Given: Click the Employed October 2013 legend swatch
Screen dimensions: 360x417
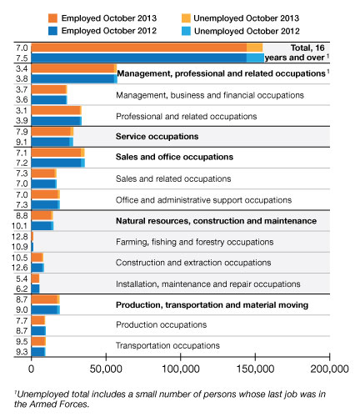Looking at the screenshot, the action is (x=52, y=18).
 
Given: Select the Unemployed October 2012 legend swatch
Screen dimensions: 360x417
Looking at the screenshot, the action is (x=186, y=31).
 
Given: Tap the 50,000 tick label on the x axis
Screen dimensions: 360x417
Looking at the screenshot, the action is (x=106, y=369).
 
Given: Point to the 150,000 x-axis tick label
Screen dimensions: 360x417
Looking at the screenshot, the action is (x=255, y=369).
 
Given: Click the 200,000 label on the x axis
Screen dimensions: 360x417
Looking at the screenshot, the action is (x=329, y=369).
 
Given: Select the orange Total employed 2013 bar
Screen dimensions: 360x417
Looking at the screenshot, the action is (x=139, y=48).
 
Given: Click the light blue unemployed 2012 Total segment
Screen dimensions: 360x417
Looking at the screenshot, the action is (x=255, y=58).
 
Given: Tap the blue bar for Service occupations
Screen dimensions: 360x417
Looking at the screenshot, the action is (x=50, y=142).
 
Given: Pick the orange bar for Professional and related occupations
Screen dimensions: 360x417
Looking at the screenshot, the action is (x=56, y=110).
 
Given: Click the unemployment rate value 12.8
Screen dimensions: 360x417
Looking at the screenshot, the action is (x=20, y=237).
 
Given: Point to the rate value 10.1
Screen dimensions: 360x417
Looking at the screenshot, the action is (x=20, y=226).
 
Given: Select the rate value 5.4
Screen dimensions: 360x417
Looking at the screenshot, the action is (x=22, y=279).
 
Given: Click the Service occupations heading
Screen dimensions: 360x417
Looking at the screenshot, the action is (x=157, y=136).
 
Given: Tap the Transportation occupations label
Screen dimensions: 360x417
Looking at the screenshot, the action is (x=167, y=345).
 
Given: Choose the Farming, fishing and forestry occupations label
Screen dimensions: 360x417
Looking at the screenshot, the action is (x=194, y=242).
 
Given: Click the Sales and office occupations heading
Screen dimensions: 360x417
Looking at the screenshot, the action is (x=174, y=157).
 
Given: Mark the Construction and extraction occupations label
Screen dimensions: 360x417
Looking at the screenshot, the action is (x=193, y=263).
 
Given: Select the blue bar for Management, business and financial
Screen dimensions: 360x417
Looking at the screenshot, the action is (x=48, y=99).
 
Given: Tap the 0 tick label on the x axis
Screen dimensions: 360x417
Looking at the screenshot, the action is (x=31, y=369).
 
